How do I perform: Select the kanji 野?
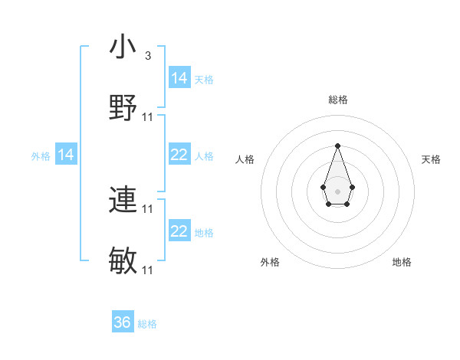(123, 106)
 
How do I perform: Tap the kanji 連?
(123, 200)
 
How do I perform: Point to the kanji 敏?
(123, 260)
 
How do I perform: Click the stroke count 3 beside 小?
(148, 56)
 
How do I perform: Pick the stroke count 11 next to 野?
(148, 116)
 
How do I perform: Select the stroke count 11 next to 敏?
(148, 270)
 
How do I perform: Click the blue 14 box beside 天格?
(179, 78)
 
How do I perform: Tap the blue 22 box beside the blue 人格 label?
(179, 155)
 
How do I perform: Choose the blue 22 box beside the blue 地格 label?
(179, 231)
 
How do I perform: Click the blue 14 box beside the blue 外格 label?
(66, 155)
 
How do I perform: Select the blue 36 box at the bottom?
(123, 322)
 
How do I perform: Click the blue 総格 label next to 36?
(147, 324)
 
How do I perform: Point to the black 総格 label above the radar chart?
(337, 100)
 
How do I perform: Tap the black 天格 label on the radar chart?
(432, 159)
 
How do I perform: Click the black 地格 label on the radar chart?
(402, 262)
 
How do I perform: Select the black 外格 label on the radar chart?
(270, 262)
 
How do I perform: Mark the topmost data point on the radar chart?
(337, 146)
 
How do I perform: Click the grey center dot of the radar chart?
(337, 190)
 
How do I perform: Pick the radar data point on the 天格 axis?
(352, 187)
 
